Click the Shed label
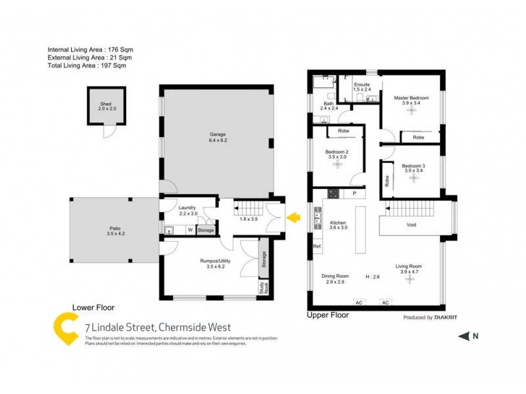coord(106,104)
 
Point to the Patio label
coord(115,229)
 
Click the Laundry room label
coord(187,208)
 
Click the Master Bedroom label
coord(412,98)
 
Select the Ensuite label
coord(362,85)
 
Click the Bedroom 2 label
coord(337,152)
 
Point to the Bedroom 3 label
coord(414,166)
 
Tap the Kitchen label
coord(338,223)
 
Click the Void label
coord(412,225)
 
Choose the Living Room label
coord(410,266)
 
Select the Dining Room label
coord(335,276)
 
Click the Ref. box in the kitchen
coord(317,246)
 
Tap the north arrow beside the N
coord(464,336)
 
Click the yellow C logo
coord(66,328)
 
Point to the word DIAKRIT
coord(442,317)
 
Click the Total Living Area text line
coord(87,66)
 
